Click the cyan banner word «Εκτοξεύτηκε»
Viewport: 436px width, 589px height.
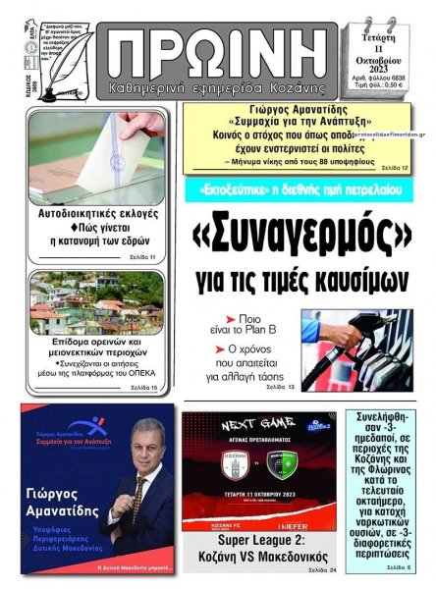coord(235,189)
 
